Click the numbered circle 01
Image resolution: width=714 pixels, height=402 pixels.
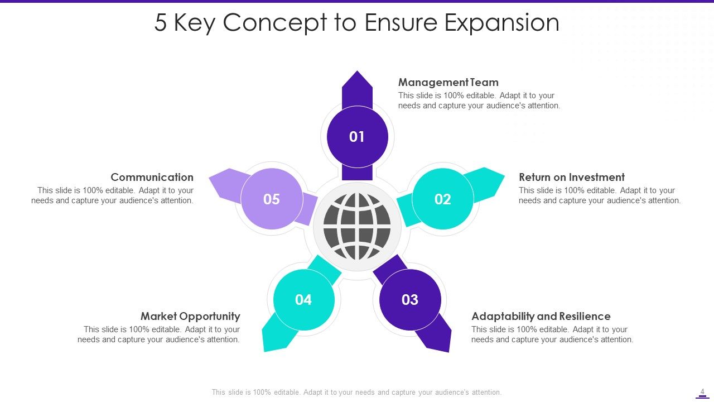tap(357, 137)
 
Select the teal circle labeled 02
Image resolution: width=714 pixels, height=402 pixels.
tap(443, 199)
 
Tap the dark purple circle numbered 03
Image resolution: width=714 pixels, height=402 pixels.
tap(410, 300)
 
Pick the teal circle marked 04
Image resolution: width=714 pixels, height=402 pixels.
tap(303, 300)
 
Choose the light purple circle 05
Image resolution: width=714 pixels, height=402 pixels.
tap(272, 199)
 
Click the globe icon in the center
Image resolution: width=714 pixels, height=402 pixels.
tap(357, 226)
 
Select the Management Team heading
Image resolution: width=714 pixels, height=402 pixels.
tap(448, 83)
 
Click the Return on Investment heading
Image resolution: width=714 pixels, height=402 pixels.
tap(571, 177)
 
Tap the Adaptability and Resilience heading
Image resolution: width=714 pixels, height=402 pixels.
tap(541, 316)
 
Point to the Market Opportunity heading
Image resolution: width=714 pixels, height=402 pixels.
tap(190, 316)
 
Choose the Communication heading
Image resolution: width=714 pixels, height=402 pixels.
tap(152, 177)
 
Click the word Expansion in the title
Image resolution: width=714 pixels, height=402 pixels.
tap(502, 23)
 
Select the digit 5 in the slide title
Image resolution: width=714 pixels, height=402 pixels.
tap(161, 23)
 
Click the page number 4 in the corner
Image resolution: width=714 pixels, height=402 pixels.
tap(702, 391)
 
